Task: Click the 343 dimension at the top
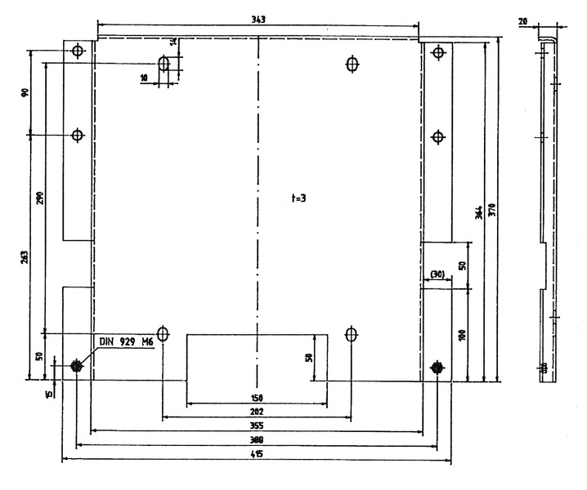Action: (258, 19)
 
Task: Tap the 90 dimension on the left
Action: (25, 91)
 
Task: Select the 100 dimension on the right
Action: (462, 335)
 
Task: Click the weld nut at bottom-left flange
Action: (77, 366)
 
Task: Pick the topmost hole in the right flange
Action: (438, 53)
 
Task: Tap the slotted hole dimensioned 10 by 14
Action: (164, 64)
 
